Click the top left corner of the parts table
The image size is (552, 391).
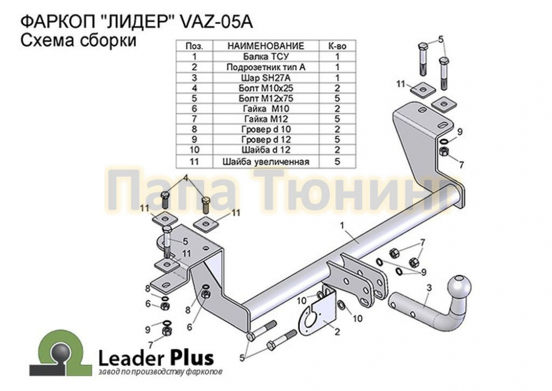point(176,40)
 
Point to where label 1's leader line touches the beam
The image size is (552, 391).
point(358,243)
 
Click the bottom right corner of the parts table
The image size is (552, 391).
point(356,167)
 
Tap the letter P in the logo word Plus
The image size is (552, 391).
point(176,358)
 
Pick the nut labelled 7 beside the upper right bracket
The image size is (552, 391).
point(444,152)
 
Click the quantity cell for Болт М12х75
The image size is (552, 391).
point(337,98)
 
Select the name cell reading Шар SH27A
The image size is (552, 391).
point(266,77)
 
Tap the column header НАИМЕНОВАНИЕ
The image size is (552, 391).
point(266,46)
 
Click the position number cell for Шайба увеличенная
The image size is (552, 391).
point(194,161)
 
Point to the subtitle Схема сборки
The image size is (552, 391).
point(78,40)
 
